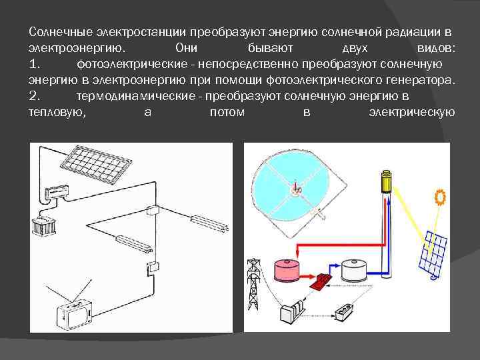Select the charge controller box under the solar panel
point(57,192)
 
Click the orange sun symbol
point(440,198)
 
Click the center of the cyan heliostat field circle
point(294,189)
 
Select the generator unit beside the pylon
point(293,313)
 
